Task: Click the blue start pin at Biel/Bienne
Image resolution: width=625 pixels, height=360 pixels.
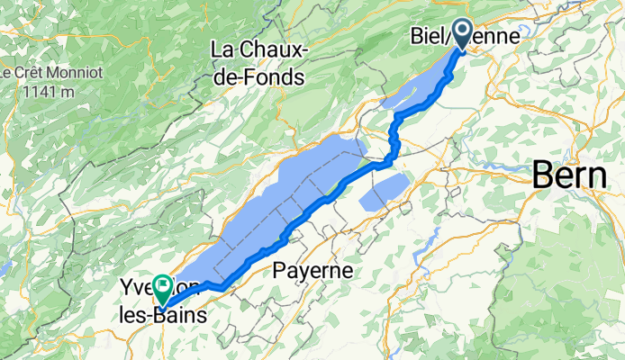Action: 464,34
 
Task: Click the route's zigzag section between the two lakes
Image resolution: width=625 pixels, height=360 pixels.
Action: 394,139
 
